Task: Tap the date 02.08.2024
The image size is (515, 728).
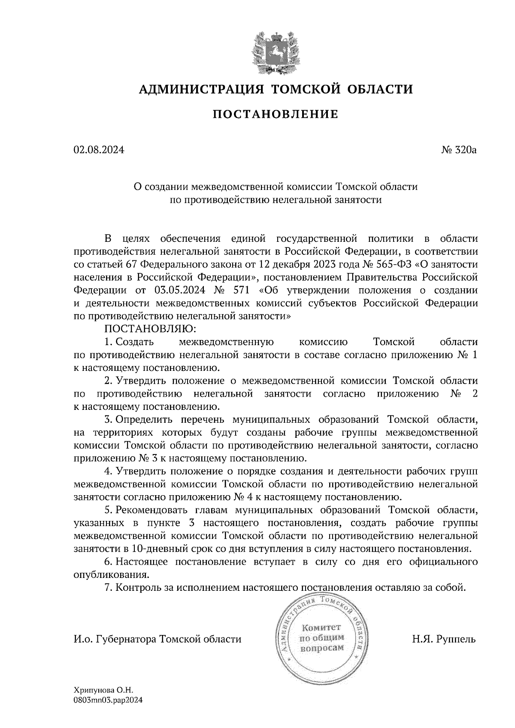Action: tap(99, 150)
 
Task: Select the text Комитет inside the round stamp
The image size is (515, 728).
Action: tap(321, 627)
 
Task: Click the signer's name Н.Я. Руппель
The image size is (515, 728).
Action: tap(444, 639)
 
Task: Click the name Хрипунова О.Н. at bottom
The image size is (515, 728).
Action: tap(104, 691)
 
